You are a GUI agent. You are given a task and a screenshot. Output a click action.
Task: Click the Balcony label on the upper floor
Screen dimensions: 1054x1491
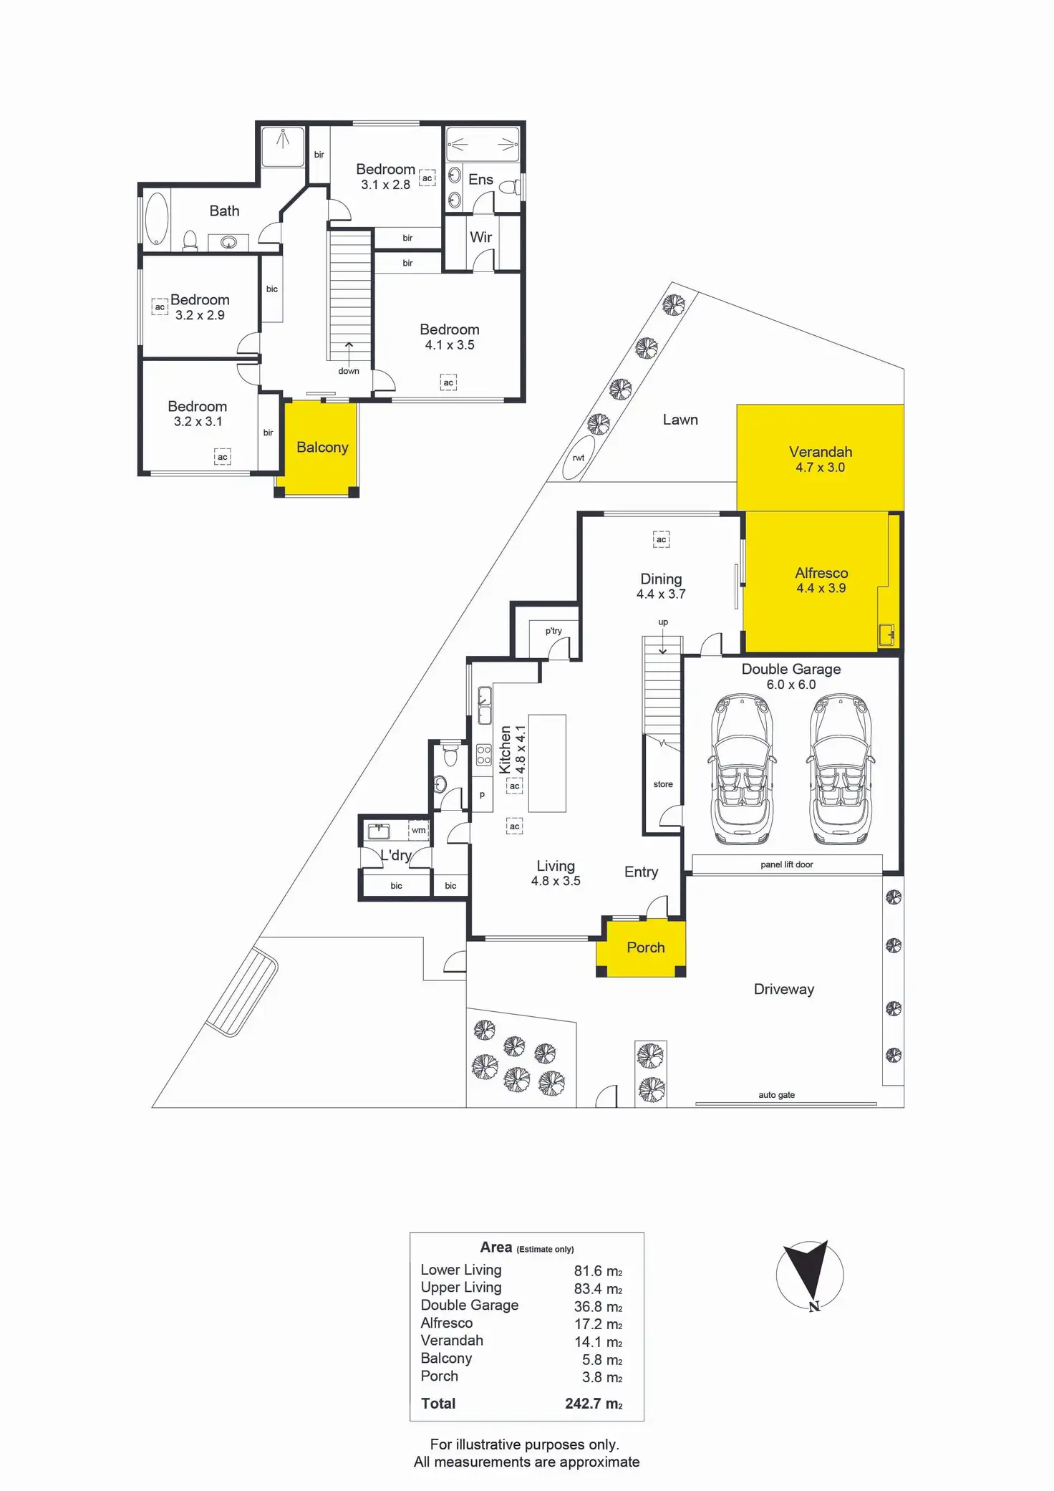point(322,448)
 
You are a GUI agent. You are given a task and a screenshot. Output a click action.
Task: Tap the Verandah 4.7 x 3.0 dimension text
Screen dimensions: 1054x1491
point(821,468)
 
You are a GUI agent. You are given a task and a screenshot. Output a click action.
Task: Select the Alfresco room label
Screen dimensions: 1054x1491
point(821,573)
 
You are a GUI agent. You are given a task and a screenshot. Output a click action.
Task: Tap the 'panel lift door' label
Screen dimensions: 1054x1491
point(787,864)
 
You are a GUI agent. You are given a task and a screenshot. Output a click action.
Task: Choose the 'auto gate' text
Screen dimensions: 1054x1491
point(777,1095)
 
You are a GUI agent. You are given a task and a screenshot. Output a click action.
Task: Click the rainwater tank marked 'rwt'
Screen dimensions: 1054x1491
point(579,458)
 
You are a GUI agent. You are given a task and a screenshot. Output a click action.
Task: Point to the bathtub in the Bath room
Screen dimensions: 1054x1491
point(157,218)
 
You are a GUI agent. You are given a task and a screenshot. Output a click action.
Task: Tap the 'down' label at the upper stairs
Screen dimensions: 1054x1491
point(349,371)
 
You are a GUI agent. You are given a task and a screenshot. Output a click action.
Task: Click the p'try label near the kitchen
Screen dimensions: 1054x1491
point(553,631)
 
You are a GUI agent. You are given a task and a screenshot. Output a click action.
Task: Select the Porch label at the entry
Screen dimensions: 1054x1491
point(646,947)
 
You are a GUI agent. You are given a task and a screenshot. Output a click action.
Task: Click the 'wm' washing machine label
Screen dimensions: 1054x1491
point(419,830)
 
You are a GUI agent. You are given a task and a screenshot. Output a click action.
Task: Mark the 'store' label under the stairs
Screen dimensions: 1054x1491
point(663,784)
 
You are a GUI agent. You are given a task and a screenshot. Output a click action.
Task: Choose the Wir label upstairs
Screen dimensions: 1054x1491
point(481,237)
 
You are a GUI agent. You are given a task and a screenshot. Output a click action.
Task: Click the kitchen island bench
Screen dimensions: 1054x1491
point(547,763)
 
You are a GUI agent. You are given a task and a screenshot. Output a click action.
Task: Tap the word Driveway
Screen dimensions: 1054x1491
point(784,990)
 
